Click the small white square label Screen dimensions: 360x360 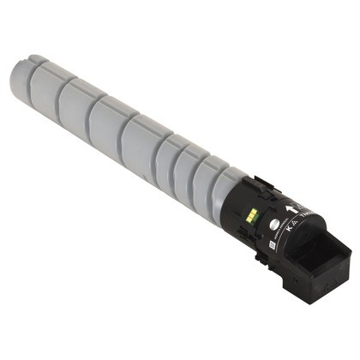click(266, 245)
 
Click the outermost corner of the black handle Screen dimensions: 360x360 click(351, 252)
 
